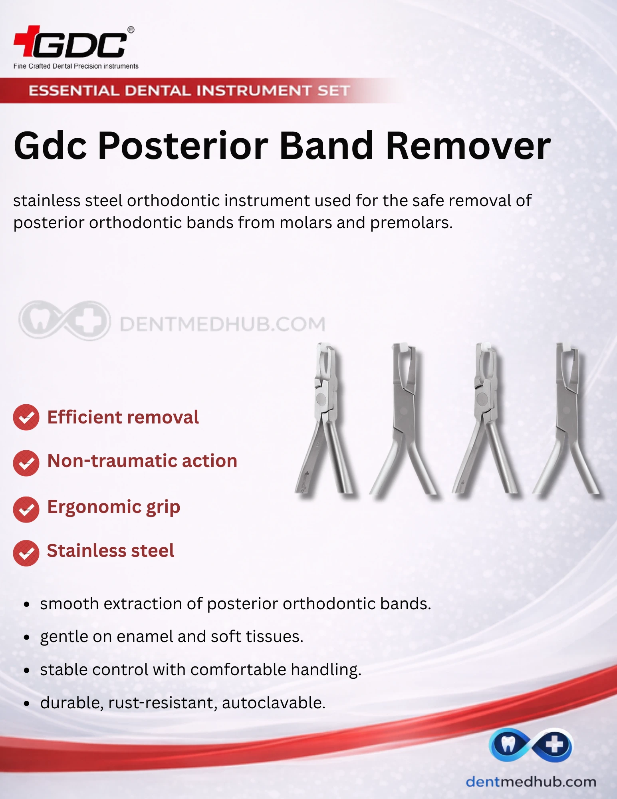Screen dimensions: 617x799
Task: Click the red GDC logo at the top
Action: pyautogui.click(x=74, y=42)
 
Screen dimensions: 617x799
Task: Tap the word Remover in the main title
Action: pyautogui.click(x=468, y=146)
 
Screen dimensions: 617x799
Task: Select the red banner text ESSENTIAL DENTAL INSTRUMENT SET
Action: pyautogui.click(x=189, y=91)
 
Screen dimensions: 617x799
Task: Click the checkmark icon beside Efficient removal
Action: pyautogui.click(x=26, y=417)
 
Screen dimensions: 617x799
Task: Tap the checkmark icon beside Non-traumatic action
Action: pyautogui.click(x=26, y=463)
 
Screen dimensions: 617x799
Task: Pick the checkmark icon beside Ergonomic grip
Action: pyautogui.click(x=26, y=509)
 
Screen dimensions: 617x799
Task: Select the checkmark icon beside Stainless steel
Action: pyautogui.click(x=26, y=553)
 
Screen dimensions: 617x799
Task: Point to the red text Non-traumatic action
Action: pyautogui.click(x=142, y=461)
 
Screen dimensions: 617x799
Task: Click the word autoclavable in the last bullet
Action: pyautogui.click(x=274, y=703)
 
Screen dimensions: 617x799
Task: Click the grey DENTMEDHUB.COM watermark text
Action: pyautogui.click(x=222, y=324)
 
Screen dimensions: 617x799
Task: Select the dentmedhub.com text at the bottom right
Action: pyautogui.click(x=531, y=782)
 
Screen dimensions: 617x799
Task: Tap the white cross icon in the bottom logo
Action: pyautogui.click(x=554, y=745)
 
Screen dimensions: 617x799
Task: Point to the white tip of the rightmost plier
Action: pyautogui.click(x=568, y=348)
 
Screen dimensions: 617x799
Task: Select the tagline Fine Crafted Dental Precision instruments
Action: pyautogui.click(x=76, y=66)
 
